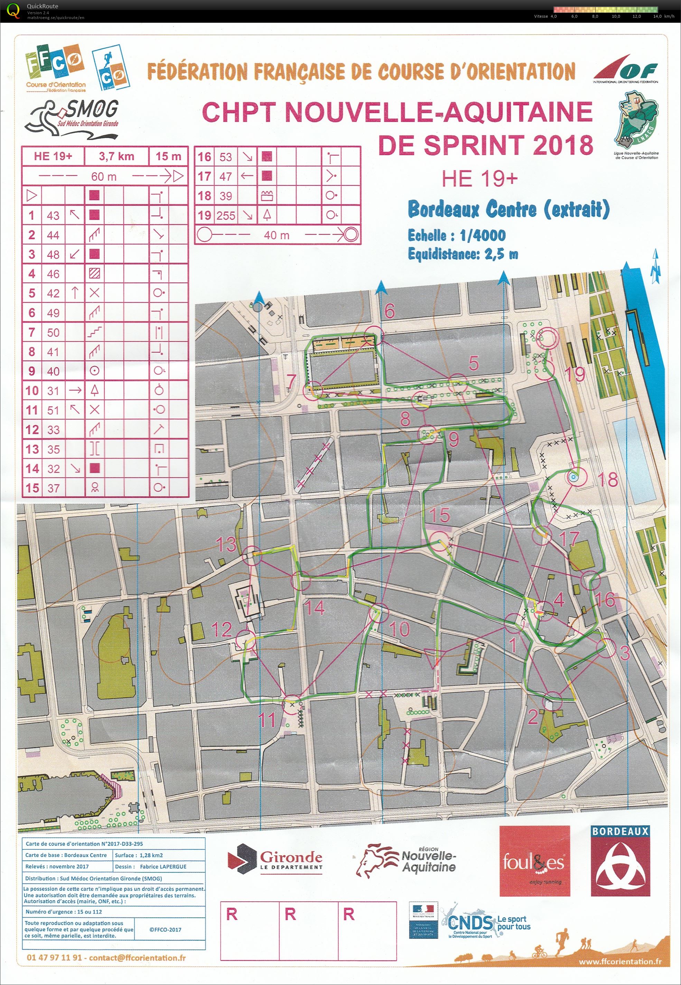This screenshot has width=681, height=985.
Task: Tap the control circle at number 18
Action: coord(574,477)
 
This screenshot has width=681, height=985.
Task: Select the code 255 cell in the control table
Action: coord(226,216)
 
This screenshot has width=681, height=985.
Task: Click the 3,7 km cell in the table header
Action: coord(116,156)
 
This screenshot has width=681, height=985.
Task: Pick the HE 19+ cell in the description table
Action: coord(53,156)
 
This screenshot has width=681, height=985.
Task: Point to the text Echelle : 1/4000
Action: coord(456,235)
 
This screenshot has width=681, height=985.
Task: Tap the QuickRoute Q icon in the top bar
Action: coord(13,10)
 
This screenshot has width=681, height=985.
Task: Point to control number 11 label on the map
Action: coord(268,721)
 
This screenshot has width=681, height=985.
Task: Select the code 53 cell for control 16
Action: coord(226,157)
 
